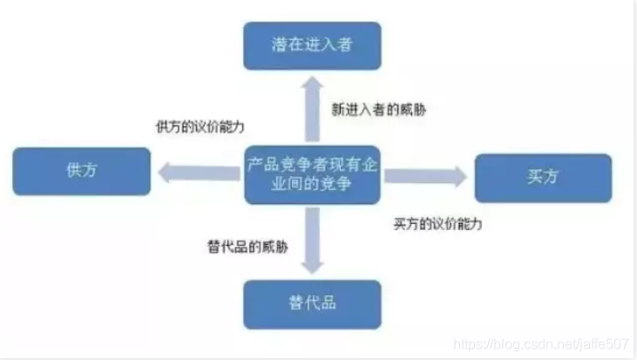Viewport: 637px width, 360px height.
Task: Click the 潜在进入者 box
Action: [311, 46]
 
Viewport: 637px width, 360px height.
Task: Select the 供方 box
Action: [81, 172]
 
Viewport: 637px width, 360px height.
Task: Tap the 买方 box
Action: [542, 177]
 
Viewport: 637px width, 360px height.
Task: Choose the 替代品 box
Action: [311, 303]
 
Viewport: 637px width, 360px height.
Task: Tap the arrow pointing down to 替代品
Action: [311, 241]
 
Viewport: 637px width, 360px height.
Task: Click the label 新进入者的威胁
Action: [379, 110]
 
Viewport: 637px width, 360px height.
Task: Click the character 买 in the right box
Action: [534, 177]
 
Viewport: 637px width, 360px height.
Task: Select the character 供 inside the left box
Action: [73, 172]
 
